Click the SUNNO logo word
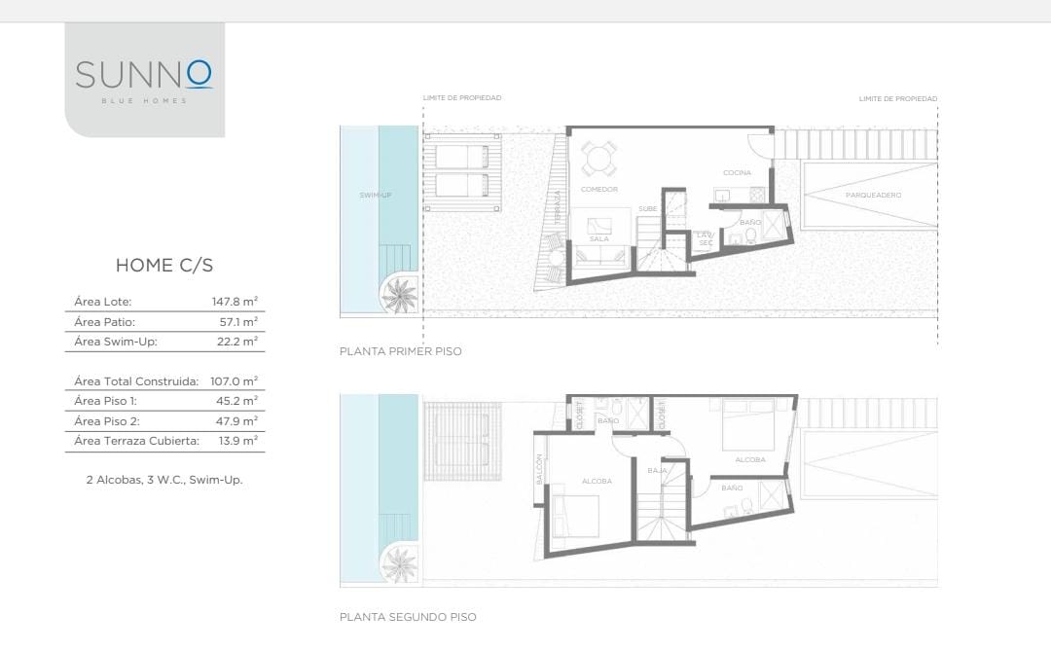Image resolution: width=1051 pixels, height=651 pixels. pos(144,74)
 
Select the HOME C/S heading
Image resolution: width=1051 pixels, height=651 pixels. pos(164,266)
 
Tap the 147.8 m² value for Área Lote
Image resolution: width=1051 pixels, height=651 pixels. pos(235,302)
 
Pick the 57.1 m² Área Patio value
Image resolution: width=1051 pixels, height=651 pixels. pos(238,322)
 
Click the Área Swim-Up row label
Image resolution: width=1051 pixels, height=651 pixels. pos(115,342)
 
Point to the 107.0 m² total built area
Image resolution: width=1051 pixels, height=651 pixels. pos(234,381)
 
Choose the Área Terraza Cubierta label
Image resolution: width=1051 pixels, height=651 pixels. pos(137,441)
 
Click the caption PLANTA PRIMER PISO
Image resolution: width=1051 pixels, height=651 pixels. pos(401,351)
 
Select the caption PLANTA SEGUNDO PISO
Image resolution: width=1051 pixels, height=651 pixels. pos(408,618)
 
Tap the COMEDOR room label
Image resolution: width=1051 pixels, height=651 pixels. pos(599,190)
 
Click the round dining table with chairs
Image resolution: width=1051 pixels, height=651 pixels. pos(598,159)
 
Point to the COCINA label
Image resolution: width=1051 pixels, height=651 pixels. pos(738,173)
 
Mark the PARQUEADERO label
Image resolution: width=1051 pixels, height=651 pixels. pos(873,195)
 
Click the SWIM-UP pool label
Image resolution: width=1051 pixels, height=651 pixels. pos(376,195)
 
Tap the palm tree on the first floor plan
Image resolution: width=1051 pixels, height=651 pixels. pos(400,295)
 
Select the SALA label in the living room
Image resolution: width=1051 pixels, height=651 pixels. pos(599,238)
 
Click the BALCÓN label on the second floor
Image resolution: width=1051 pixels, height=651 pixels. pos(539,469)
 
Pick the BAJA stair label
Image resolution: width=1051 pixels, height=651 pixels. pos(658,471)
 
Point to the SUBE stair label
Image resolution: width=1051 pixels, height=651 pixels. pos(647,209)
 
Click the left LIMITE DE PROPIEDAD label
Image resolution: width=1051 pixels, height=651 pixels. pos(462,98)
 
